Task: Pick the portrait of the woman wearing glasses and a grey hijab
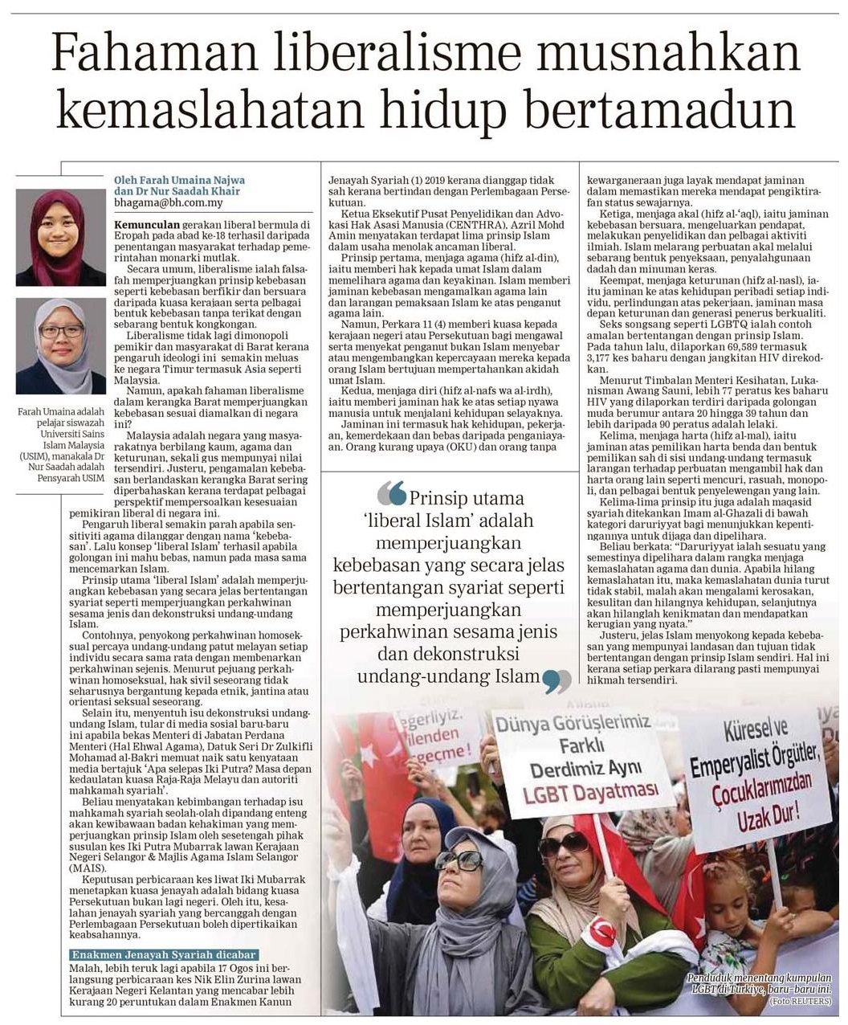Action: [x=60, y=345]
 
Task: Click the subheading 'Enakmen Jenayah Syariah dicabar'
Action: [x=164, y=955]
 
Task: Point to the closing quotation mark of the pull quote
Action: [x=556, y=681]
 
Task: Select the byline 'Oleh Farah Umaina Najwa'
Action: [x=179, y=180]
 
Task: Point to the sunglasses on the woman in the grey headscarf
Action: [x=459, y=861]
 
